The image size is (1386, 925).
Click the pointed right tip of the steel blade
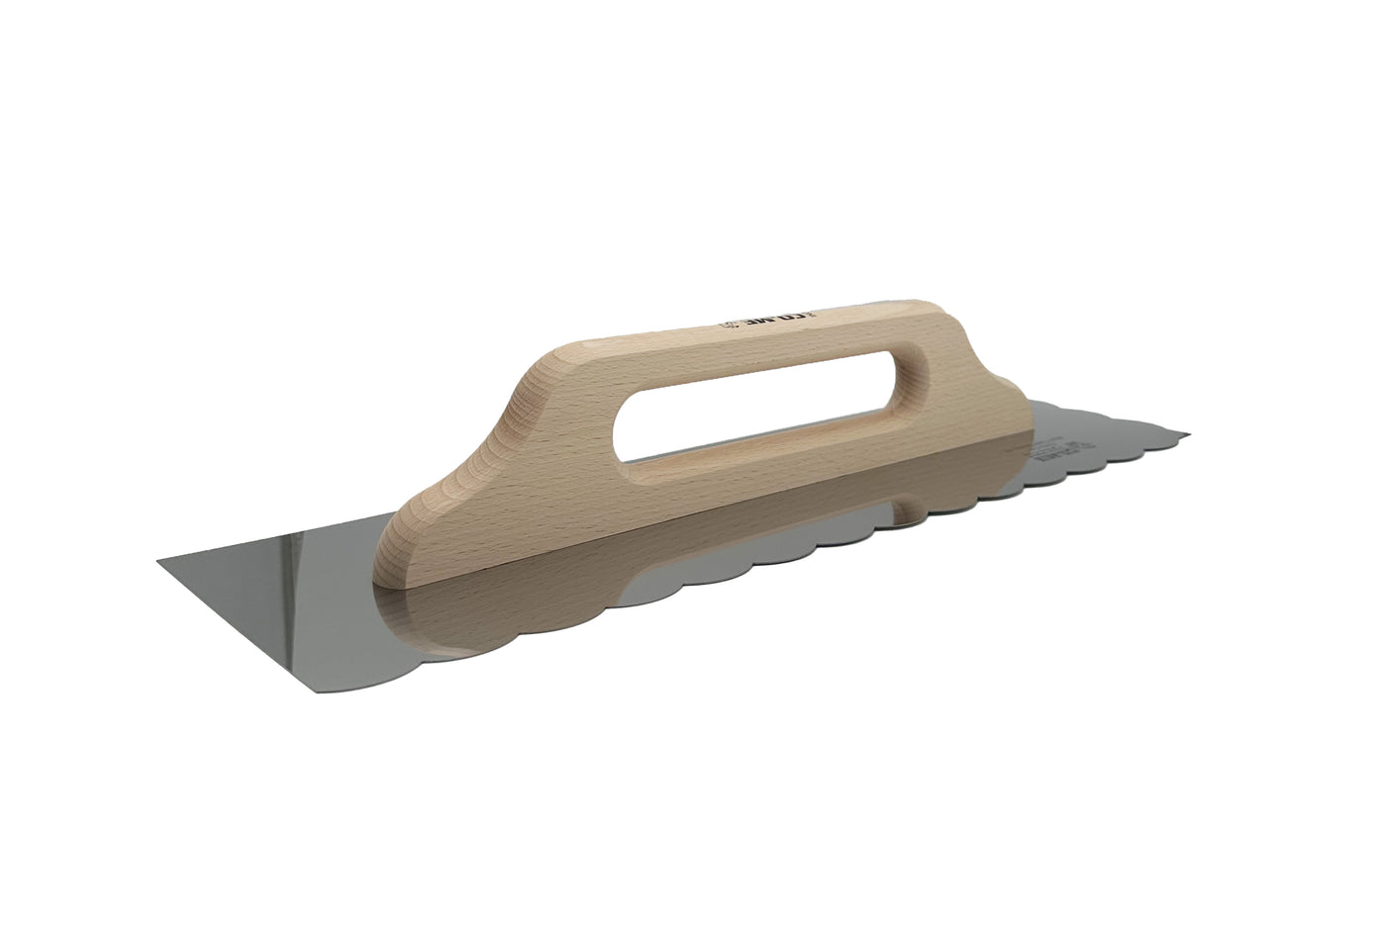click(x=1188, y=434)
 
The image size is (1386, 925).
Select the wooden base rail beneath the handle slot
click(x=752, y=485)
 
